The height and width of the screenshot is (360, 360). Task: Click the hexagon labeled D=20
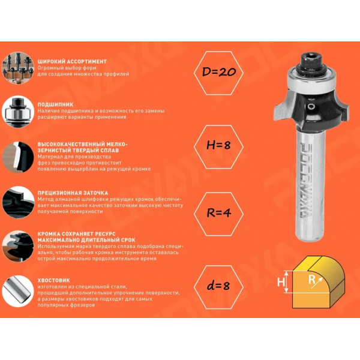218,73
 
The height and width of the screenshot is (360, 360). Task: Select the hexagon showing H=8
218,147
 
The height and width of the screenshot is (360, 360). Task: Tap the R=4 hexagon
218,214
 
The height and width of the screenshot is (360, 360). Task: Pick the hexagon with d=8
218,287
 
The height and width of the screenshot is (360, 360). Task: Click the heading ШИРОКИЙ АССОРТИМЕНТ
72,62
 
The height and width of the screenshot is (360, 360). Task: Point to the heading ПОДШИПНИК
55,104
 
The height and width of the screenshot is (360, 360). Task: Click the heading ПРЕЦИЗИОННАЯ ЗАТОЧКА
73,193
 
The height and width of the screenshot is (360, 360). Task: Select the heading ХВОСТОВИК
54,280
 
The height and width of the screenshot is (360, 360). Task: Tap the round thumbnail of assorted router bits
18,68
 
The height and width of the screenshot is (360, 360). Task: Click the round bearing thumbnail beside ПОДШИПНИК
18,112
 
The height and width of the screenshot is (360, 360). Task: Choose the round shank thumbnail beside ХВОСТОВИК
18,291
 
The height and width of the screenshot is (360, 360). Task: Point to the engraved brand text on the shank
306,180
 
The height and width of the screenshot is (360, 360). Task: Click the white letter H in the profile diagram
281,282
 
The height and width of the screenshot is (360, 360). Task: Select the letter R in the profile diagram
312,280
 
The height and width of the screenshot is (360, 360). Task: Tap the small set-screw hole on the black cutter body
311,107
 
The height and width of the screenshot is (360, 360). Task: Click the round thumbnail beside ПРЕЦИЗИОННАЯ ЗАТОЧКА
18,203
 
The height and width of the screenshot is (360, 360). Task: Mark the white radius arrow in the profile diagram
317,283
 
